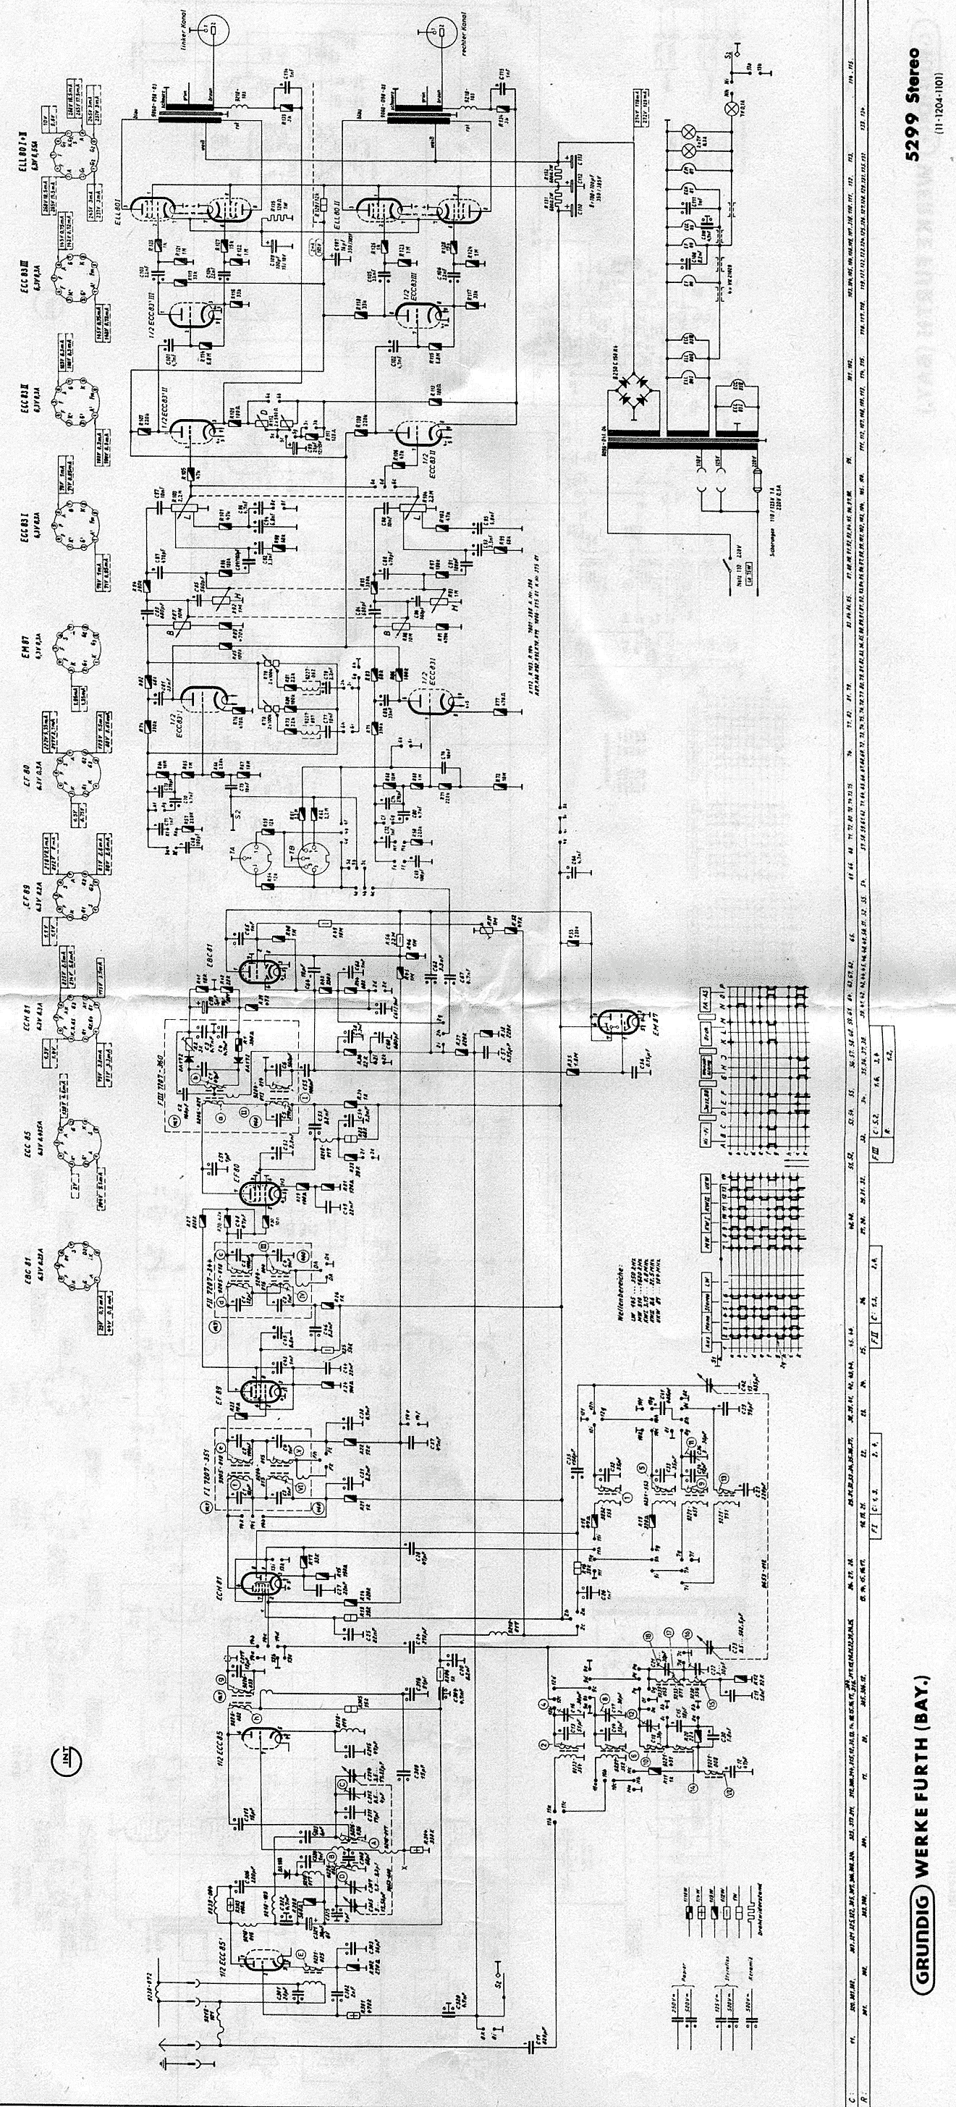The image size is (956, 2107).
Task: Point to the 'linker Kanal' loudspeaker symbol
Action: coord(215,30)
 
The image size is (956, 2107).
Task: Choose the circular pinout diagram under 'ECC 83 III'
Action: coord(71,271)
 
